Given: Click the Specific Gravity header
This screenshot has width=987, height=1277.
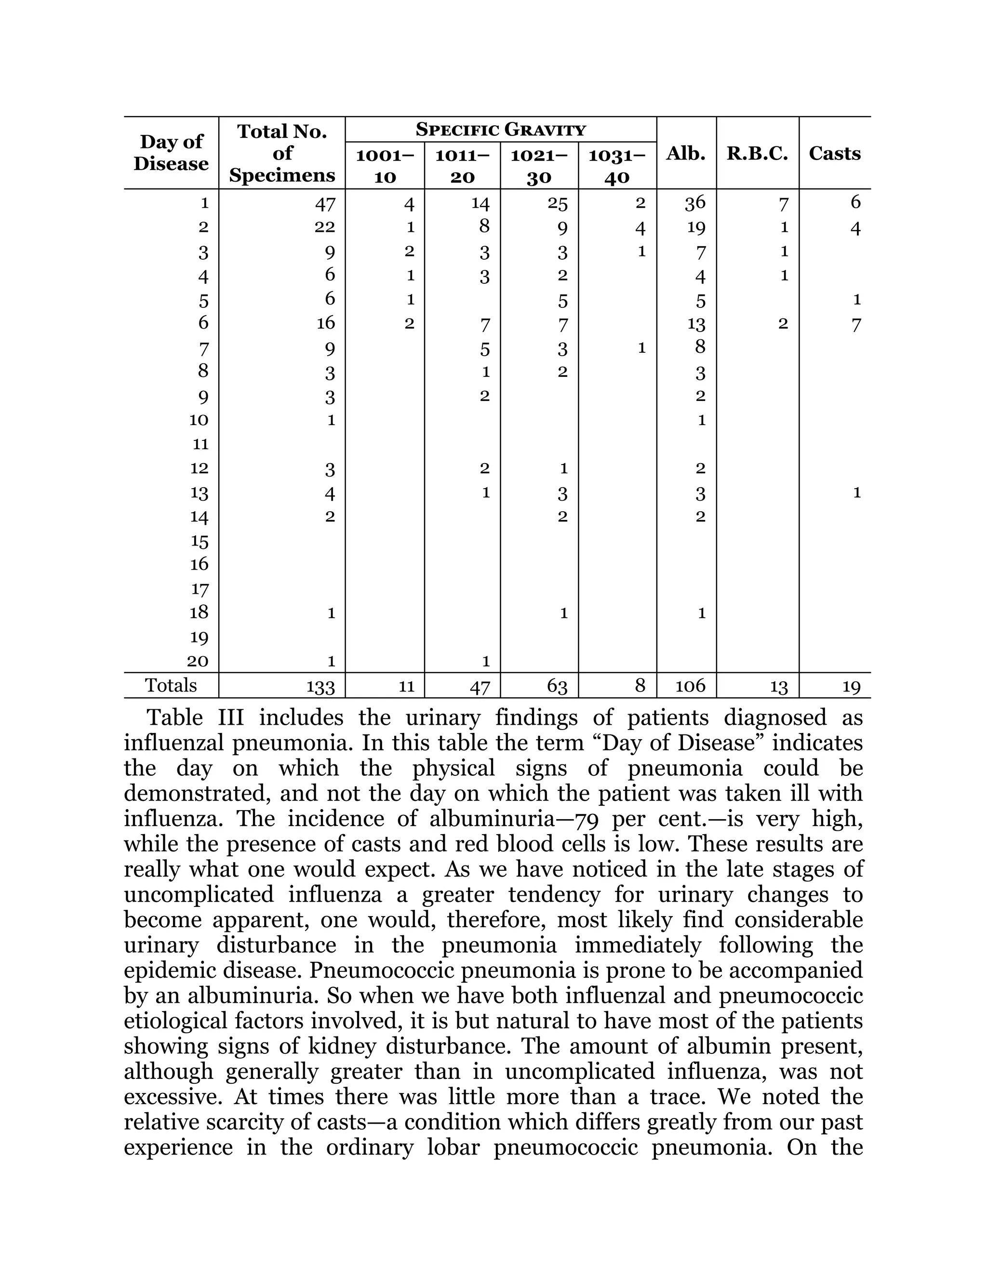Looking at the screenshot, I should click(x=501, y=129).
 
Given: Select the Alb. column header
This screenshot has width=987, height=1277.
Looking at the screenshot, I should click(x=686, y=153).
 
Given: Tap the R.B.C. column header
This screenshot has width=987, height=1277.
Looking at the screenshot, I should click(x=757, y=153).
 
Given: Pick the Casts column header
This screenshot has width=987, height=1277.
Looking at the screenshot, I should click(x=834, y=153).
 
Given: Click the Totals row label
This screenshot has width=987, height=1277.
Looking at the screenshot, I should click(x=171, y=685).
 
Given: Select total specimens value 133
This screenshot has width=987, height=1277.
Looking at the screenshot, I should click(x=320, y=686).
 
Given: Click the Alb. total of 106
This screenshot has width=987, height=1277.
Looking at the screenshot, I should click(x=691, y=685).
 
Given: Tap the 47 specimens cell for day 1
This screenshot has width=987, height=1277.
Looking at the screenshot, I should click(x=325, y=203).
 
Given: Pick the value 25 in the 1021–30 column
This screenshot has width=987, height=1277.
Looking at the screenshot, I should click(x=557, y=203).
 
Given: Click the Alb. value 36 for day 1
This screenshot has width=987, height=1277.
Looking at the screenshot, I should click(x=695, y=202).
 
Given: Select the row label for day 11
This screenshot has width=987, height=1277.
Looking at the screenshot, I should click(x=200, y=444).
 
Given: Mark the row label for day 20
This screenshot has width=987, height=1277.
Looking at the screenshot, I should click(x=198, y=661).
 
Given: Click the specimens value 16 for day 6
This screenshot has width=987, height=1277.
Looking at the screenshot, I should click(x=326, y=323).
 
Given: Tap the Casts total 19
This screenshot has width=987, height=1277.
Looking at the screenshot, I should click(x=852, y=686).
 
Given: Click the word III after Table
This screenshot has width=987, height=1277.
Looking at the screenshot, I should click(x=230, y=718).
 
